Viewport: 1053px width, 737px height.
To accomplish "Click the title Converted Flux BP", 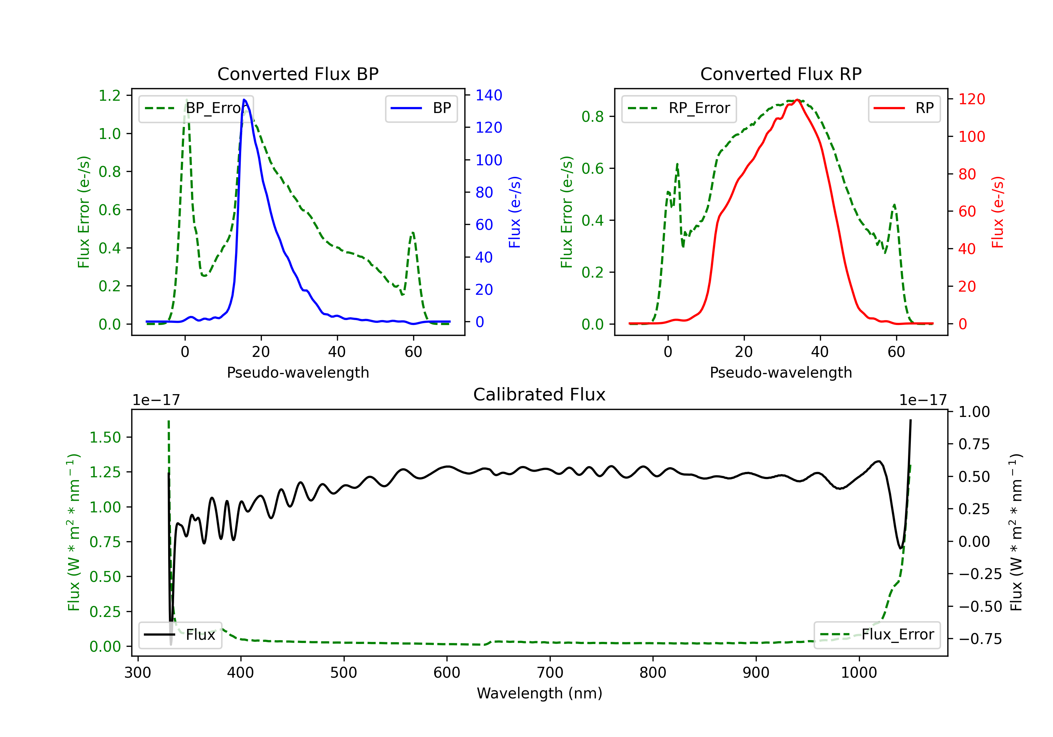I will (298, 74).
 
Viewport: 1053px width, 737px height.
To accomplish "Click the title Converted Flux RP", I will (781, 74).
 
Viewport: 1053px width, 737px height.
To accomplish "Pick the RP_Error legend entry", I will (679, 108).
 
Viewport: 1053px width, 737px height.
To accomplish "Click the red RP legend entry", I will (904, 108).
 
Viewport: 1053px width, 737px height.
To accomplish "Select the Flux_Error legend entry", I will (877, 635).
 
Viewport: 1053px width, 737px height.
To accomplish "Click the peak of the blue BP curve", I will (244, 100).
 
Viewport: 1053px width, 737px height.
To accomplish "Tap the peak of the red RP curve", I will (797, 100).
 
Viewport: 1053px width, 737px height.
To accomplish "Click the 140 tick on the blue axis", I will (489, 95).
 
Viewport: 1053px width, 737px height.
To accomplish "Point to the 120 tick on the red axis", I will (971, 99).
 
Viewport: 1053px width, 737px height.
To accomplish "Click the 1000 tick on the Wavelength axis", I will (859, 672).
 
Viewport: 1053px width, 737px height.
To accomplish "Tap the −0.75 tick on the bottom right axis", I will (980, 639).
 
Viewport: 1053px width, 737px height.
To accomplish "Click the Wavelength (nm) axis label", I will (539, 693).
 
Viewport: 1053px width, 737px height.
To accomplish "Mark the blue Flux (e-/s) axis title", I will (515, 212).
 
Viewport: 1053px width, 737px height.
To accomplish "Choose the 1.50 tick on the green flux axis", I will (105, 437).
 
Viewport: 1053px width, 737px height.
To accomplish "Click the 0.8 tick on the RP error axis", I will (592, 117).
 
